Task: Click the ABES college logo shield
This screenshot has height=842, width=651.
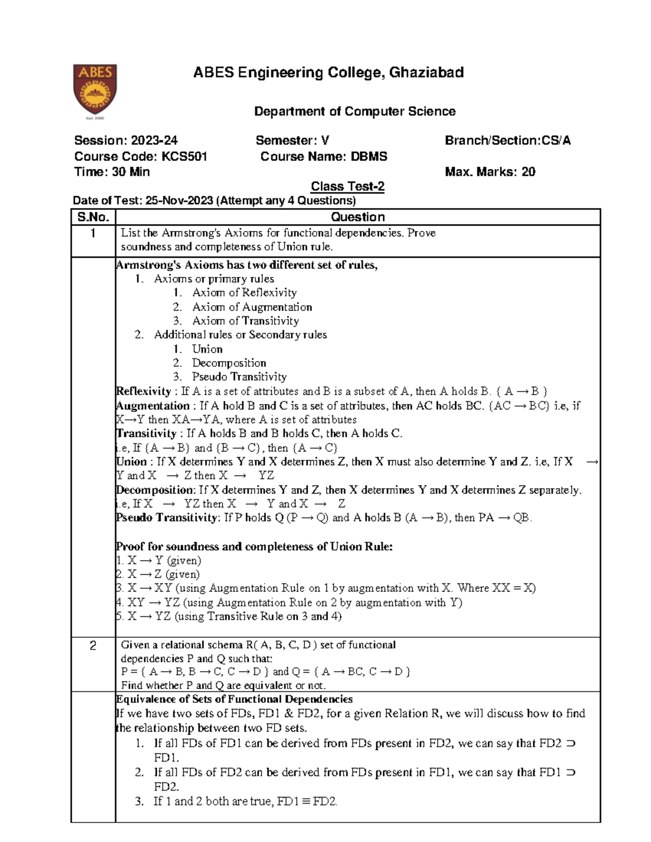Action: coord(95,91)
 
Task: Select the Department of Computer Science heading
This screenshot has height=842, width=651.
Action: coord(355,112)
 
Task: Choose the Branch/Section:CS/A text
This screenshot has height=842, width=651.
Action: coord(507,140)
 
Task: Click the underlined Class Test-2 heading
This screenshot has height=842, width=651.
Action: coord(347,187)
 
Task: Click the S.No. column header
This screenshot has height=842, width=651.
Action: coord(93,217)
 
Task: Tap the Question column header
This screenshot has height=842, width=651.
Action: coord(358,217)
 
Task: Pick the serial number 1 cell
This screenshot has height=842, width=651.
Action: coord(93,234)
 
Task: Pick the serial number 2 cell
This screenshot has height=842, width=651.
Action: coord(93,646)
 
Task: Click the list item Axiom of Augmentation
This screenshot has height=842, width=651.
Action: coord(252,307)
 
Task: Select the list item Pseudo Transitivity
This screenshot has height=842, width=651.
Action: coord(239,377)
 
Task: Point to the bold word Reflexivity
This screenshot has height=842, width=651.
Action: coord(144,391)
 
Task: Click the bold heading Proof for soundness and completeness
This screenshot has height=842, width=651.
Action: coord(254,547)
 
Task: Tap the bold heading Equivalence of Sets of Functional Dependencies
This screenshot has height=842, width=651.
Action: coord(234,699)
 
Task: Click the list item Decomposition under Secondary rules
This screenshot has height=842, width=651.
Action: coord(228,363)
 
